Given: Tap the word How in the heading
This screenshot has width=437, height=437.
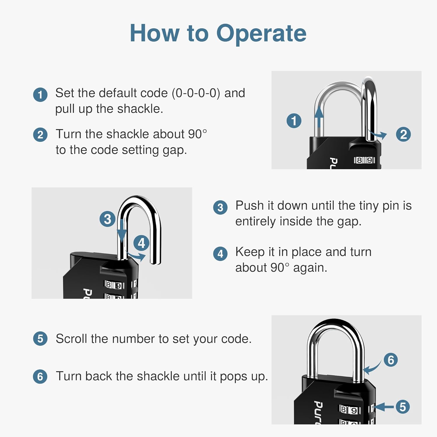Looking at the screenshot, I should click(154, 33).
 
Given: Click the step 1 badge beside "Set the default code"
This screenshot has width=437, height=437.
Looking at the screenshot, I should click(40, 95).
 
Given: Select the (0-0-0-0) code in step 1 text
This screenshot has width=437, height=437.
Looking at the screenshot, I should click(196, 93).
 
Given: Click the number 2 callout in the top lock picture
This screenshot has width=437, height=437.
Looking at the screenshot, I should click(403, 135).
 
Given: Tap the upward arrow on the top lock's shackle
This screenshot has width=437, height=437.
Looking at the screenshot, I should click(319, 118).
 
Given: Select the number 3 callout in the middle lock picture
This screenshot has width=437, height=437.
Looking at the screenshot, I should click(107, 219).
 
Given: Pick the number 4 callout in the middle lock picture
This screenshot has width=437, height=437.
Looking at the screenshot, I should click(141, 243).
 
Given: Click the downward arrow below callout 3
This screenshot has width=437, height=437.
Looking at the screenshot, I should click(122, 232).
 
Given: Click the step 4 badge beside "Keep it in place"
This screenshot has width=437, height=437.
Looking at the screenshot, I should click(220, 253).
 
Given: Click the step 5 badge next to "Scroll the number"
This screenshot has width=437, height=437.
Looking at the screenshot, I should click(40, 339).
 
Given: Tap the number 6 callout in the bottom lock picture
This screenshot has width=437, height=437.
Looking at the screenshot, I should click(391, 360).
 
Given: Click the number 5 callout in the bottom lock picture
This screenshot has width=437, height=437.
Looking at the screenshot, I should click(403, 407).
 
